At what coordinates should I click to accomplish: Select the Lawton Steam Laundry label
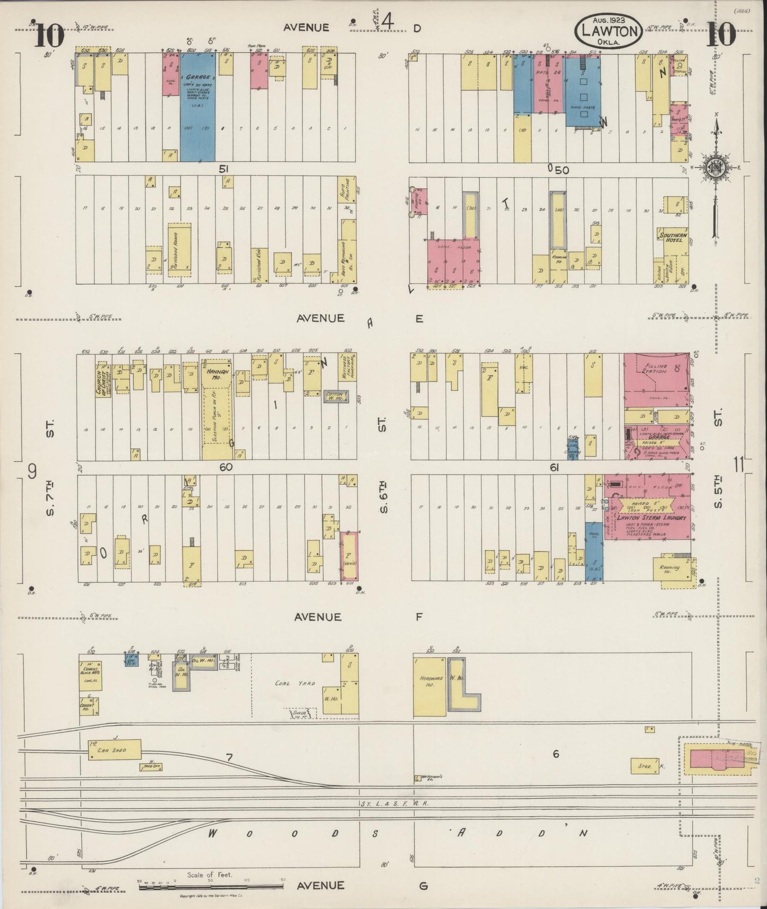coord(651,517)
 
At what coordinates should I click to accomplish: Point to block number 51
coord(225,169)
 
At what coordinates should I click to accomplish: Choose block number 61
coord(555,467)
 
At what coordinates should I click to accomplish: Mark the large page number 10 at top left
coord(50,36)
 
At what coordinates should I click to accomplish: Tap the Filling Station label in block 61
coord(656,369)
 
